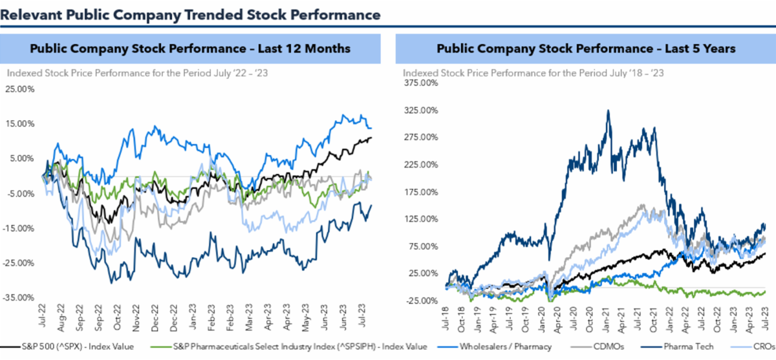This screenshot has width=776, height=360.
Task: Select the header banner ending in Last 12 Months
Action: [x=190, y=48]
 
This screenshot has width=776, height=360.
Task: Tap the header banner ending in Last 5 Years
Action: [x=586, y=48]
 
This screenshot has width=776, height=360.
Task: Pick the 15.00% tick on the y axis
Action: [x=21, y=123]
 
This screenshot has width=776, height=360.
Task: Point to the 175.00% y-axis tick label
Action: [x=417, y=192]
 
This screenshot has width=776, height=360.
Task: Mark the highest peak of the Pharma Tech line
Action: [x=609, y=111]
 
